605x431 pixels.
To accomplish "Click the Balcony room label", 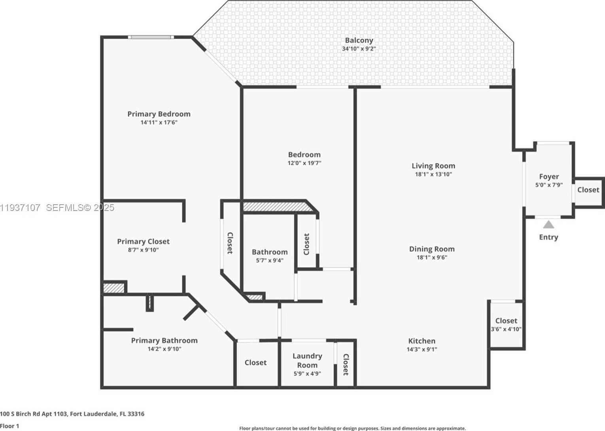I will tap(359, 40).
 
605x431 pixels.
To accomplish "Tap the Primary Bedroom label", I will tap(159, 114).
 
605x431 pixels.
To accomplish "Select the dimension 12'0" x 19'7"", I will tap(304, 163).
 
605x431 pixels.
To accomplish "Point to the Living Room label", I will tap(433, 166).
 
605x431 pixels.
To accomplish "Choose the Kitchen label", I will tap(422, 341).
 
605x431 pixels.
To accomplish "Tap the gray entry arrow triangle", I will tap(548, 225).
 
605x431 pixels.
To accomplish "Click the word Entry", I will tap(548, 237).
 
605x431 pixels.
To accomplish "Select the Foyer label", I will tap(549, 177).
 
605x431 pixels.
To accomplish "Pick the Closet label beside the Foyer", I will tap(588, 190).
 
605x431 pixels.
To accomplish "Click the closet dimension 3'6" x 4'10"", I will tap(506, 329).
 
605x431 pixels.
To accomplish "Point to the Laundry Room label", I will tap(307, 360).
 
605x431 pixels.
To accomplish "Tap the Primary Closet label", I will tap(143, 241).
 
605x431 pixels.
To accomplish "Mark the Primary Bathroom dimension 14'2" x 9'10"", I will tap(164, 349).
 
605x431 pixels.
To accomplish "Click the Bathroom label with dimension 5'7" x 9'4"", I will tap(270, 252).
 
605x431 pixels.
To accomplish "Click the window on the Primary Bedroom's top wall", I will tap(151, 37).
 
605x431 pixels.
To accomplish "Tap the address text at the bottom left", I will tap(72, 414).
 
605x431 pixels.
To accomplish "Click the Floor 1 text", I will tap(10, 426).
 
